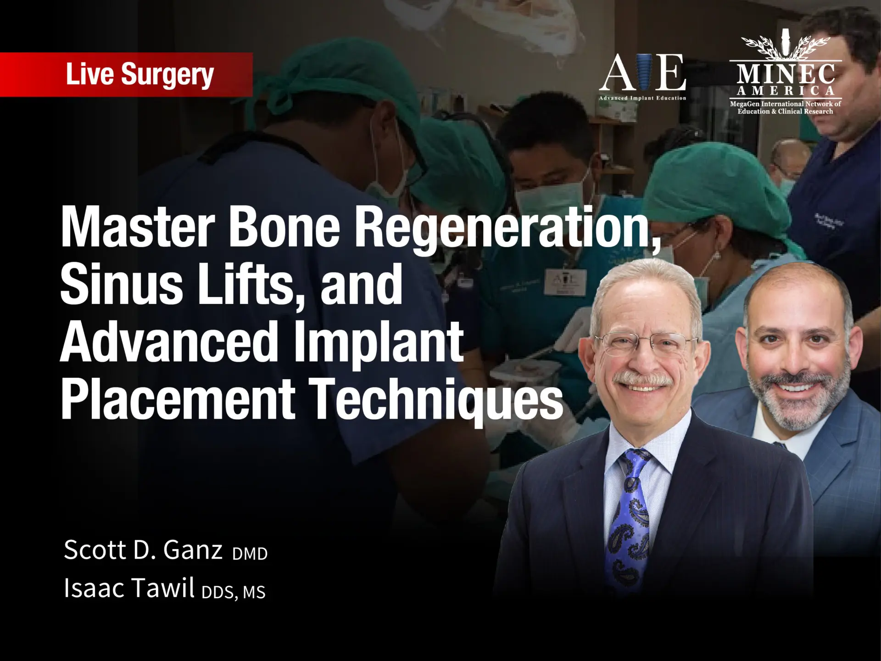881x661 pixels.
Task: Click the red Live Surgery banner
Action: (126, 75)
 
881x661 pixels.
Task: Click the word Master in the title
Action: (138, 226)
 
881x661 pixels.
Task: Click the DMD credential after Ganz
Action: (250, 554)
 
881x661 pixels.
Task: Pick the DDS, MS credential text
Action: (233, 592)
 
